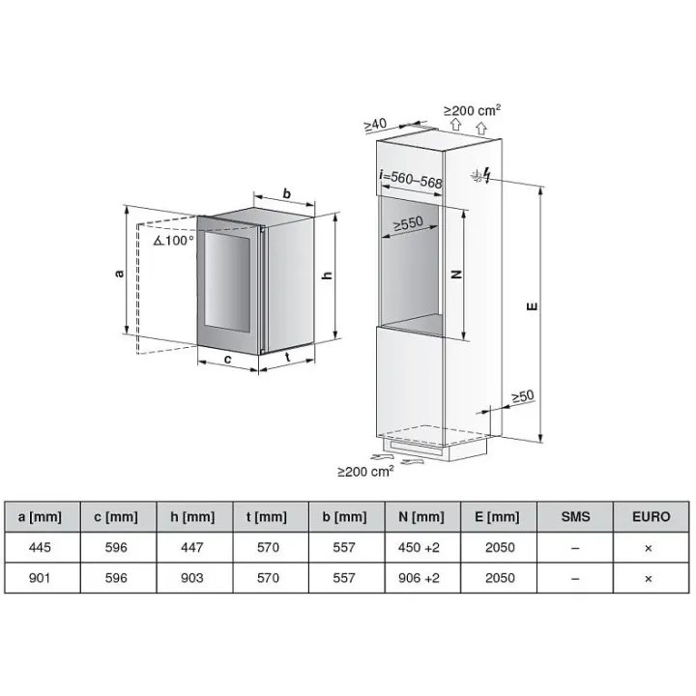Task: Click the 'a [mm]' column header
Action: [40, 516]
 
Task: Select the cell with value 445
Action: [40, 547]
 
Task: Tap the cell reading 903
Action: [192, 578]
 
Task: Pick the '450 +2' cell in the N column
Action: [419, 547]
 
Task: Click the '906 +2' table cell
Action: [419, 578]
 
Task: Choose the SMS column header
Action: [575, 516]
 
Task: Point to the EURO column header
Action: [652, 516]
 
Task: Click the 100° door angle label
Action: [174, 241]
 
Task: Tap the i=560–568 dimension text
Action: [411, 179]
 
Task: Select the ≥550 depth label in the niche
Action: [408, 224]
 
